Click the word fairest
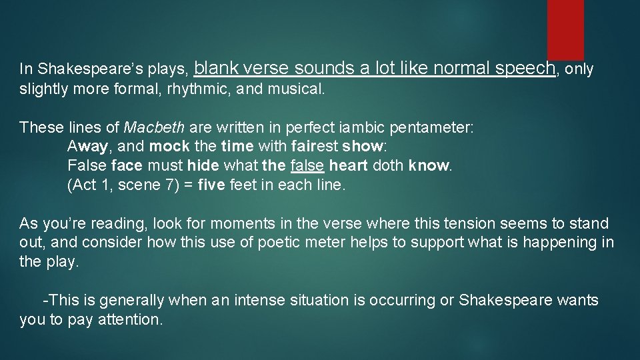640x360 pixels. (x=315, y=147)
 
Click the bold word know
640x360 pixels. (x=429, y=165)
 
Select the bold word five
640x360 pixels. (x=211, y=185)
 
